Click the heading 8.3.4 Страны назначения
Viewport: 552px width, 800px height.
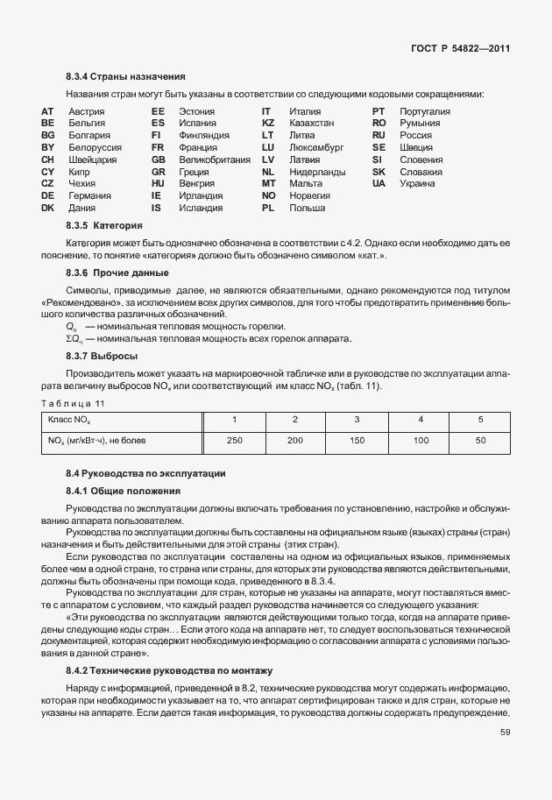125,76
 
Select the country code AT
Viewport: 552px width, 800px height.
47,112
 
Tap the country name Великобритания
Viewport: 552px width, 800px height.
214,160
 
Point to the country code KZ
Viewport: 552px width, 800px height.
268,124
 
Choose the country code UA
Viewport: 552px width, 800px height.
379,184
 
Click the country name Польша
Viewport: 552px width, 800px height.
307,209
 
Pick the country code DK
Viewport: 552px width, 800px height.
48,209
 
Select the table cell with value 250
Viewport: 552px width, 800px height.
234,440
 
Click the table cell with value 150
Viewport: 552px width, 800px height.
357,440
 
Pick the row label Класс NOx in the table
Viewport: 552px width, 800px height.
68,420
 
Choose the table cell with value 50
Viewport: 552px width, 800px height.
480,440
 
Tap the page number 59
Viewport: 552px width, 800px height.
505,733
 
